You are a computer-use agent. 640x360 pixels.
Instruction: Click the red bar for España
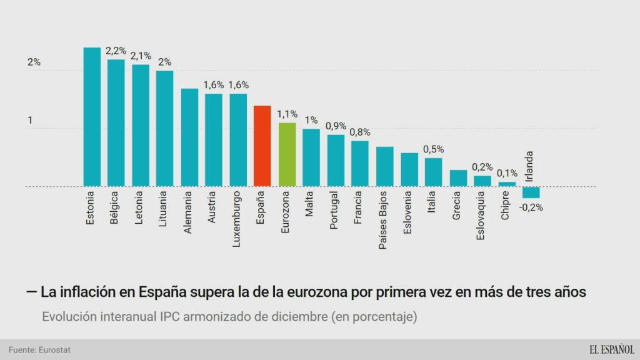pyautogui.click(x=262, y=146)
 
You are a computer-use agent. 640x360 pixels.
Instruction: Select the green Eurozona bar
pyautogui.click(x=287, y=154)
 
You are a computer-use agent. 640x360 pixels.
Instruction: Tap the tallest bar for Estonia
pyautogui.click(x=92, y=117)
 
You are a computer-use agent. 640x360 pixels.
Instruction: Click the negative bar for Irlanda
pyautogui.click(x=531, y=192)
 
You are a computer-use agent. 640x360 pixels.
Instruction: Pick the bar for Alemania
pyautogui.click(x=189, y=137)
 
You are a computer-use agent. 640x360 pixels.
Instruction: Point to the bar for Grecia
pyautogui.click(x=458, y=178)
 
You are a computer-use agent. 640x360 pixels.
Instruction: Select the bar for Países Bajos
pyautogui.click(x=384, y=166)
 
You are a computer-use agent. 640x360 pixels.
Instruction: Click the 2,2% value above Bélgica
pyautogui.click(x=116, y=51)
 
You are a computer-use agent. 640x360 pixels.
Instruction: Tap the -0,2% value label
pyautogui.click(x=532, y=207)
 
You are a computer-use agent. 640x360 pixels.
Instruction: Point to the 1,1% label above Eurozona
pyautogui.click(x=287, y=114)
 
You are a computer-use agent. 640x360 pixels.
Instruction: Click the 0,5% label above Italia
pyautogui.click(x=434, y=149)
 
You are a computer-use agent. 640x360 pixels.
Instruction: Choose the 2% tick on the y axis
pyautogui.click(x=34, y=62)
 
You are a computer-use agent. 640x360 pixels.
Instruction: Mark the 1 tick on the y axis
pyautogui.click(x=30, y=120)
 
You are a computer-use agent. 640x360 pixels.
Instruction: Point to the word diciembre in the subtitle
pyautogui.click(x=289, y=317)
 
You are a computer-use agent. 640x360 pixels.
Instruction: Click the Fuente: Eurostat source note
pyautogui.click(x=40, y=350)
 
